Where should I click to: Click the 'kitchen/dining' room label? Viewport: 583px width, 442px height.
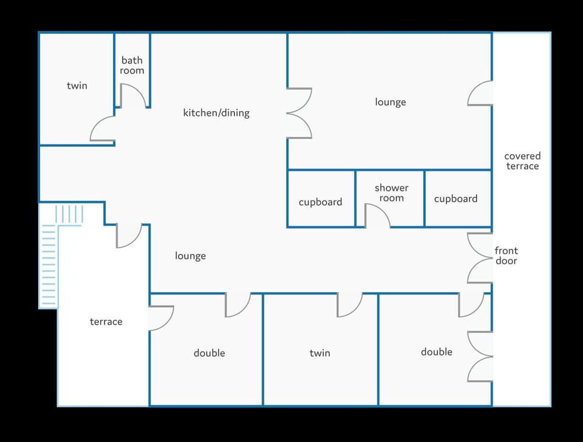pos(216,113)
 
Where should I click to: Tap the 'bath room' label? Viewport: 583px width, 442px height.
pos(132,65)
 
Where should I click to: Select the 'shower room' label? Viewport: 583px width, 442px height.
pos(391,193)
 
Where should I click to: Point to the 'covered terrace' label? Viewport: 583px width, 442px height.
pos(522,161)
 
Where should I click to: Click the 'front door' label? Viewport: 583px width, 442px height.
pos(506,256)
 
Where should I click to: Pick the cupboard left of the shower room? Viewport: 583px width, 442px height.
pos(320,202)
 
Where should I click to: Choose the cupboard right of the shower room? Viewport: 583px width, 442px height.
pos(455,199)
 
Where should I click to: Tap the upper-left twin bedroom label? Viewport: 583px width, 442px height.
pos(77,86)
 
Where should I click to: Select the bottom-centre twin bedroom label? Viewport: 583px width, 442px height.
pos(319,353)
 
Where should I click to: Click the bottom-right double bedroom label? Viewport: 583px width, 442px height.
pos(436,352)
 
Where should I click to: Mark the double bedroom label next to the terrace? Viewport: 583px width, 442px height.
pos(209,353)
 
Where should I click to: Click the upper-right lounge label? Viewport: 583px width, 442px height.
pos(390,102)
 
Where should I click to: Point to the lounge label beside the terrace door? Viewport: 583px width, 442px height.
pos(190,256)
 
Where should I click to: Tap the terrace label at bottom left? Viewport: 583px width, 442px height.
pos(106,321)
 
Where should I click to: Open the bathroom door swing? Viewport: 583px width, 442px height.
pos(132,97)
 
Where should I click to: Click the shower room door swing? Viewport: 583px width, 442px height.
pos(377,217)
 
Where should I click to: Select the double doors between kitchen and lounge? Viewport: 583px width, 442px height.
pos(299,113)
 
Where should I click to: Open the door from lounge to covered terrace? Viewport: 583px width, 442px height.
pos(480,93)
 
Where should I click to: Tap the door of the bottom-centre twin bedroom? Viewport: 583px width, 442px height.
pos(349,304)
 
